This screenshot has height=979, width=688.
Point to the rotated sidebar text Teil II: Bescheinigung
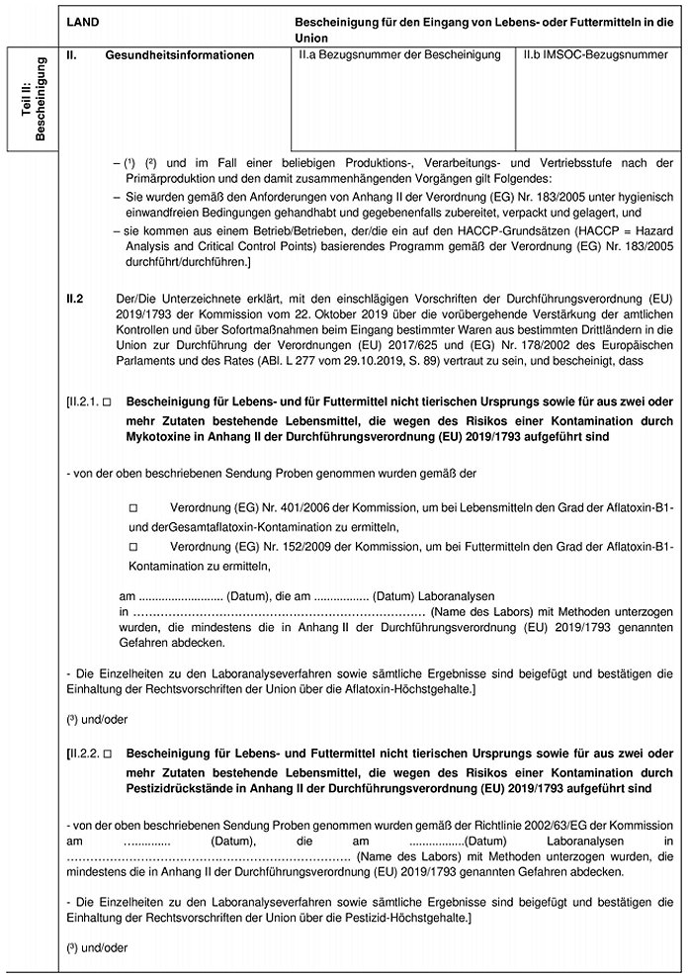tap(34, 100)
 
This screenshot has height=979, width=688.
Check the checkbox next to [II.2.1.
tap(107, 401)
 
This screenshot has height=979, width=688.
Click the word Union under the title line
tap(311, 35)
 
